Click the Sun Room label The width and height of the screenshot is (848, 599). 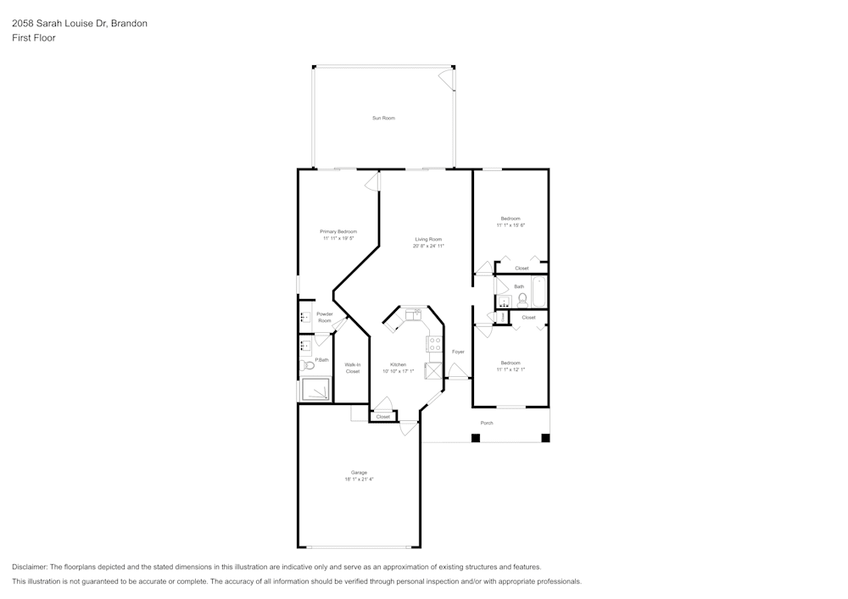point(383,118)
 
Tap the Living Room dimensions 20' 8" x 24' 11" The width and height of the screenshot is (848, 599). point(428,247)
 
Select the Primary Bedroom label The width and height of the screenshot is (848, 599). point(338,231)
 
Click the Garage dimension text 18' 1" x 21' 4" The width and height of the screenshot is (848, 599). point(359,480)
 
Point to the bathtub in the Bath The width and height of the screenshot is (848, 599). point(539,292)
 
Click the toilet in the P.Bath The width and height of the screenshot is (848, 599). point(307,366)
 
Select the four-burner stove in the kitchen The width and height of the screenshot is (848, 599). point(434,344)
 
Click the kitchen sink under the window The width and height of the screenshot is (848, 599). point(414,315)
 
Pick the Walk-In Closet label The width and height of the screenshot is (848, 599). point(352,368)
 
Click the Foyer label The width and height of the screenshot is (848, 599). point(458,352)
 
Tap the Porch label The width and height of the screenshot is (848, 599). point(487,423)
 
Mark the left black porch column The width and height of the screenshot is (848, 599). point(476,438)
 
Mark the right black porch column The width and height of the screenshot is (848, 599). point(545,438)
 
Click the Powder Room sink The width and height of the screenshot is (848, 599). point(304,318)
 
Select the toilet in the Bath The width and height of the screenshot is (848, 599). point(522,301)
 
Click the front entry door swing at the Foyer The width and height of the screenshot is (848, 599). point(457,370)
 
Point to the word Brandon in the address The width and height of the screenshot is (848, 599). point(130,24)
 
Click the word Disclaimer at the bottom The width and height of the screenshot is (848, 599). point(30,567)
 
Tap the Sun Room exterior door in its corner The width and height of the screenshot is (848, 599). point(445,78)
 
